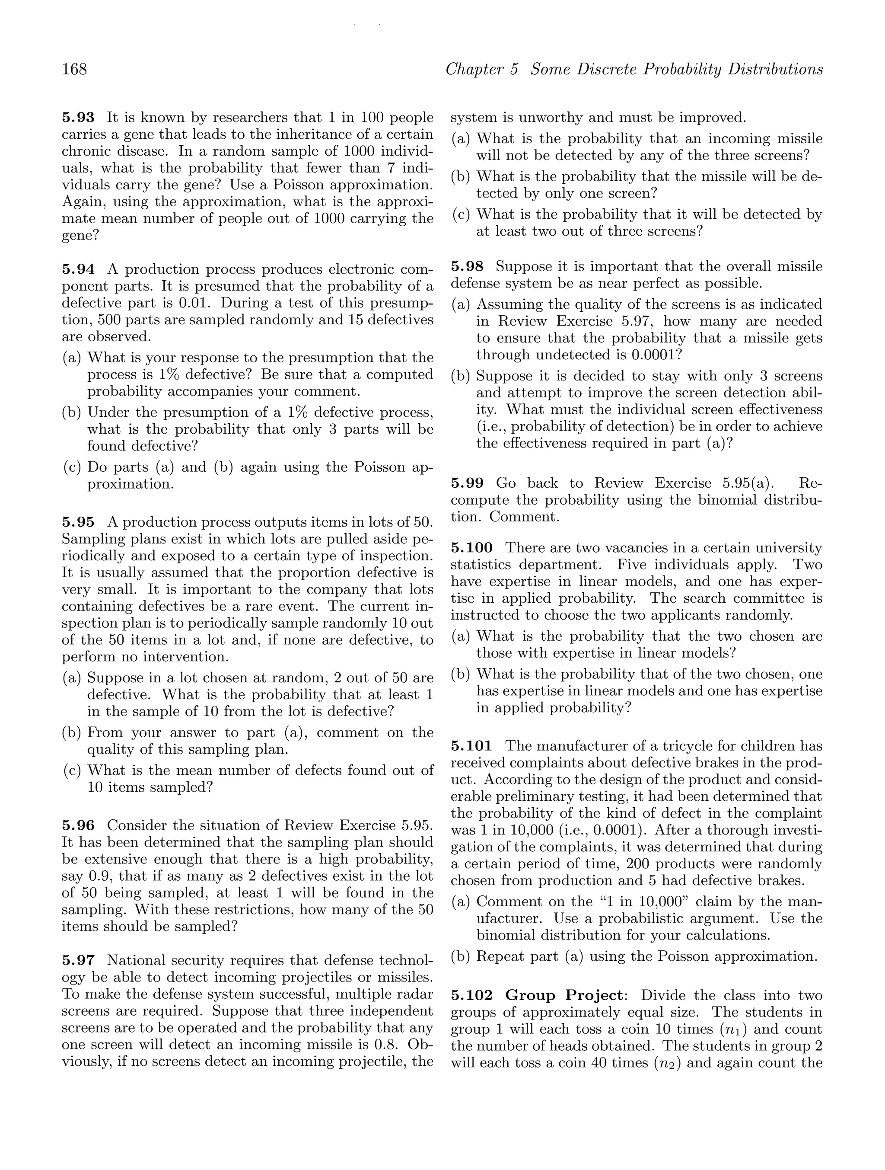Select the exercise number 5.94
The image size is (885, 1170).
pyautogui.click(x=78, y=269)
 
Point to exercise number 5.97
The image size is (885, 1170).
pyautogui.click(x=78, y=960)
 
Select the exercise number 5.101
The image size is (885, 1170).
pyautogui.click(x=471, y=746)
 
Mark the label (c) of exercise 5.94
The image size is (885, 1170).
pyautogui.click(x=71, y=467)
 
